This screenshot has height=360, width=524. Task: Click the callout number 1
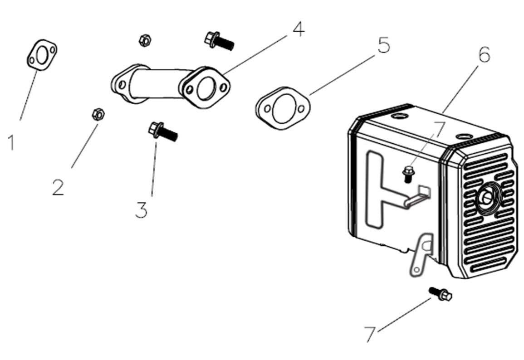tap(11, 142)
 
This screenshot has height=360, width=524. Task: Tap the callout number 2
tap(58, 187)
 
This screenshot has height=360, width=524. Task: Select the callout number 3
tap(142, 210)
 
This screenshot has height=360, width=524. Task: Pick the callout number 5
tap(383, 45)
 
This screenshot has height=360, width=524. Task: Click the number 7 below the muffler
tap(370, 335)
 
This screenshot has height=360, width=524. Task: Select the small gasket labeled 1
tap(41, 55)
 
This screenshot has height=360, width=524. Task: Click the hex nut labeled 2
tap(97, 114)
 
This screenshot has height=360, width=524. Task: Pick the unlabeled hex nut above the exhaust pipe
tap(145, 40)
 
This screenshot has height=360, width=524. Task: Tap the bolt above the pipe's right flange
tap(219, 40)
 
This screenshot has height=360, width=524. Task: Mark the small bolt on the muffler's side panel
tap(407, 173)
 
